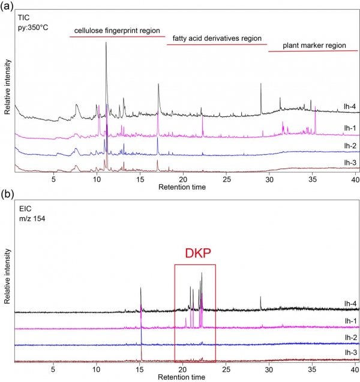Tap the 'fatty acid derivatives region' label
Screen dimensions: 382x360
[x=217, y=38]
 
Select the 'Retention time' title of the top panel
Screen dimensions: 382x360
[x=182, y=187]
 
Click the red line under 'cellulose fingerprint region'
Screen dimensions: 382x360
[x=117, y=37]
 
